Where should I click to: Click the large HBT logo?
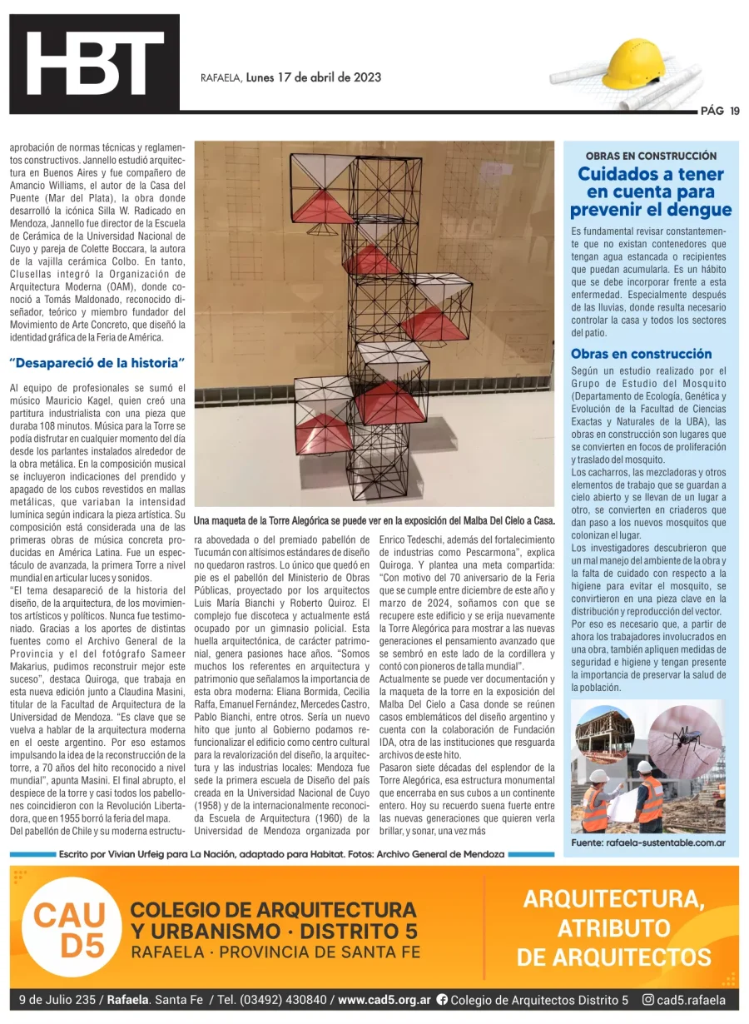94,63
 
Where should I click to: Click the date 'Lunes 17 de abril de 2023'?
314,77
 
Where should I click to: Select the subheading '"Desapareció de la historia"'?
97,363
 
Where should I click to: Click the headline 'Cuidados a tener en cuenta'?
651,191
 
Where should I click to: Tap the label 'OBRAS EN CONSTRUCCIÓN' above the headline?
651,156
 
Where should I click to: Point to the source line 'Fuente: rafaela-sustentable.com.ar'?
648,843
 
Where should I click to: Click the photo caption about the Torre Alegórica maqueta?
374,520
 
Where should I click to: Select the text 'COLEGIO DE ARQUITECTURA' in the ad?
274,909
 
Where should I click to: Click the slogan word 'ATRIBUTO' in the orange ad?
613,927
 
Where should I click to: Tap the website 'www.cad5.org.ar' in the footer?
384,1000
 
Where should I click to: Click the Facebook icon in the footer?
442,1000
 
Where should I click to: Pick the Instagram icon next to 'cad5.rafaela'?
647,1000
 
